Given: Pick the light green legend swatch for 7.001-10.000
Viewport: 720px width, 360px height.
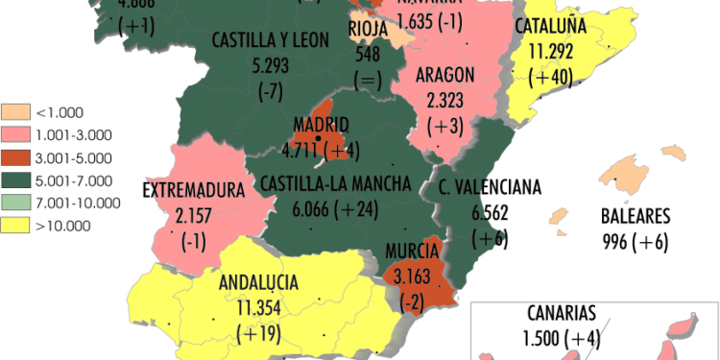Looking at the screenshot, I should [x=16, y=202].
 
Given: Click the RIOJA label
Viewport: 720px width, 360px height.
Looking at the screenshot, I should [x=368, y=29].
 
